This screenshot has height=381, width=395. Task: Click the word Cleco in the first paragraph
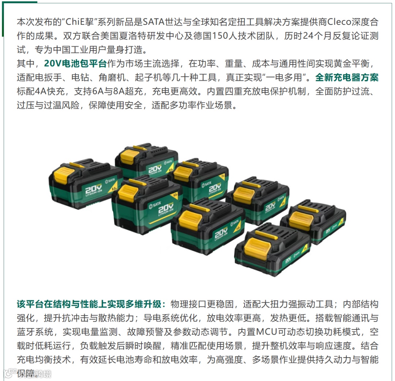[339, 22]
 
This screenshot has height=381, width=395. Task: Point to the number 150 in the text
[221, 36]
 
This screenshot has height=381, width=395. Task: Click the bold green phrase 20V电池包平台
[75, 64]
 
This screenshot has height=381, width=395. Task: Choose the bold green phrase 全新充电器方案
[347, 77]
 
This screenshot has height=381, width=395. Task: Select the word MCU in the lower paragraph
[267, 332]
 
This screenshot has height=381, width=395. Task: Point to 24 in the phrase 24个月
[308, 36]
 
